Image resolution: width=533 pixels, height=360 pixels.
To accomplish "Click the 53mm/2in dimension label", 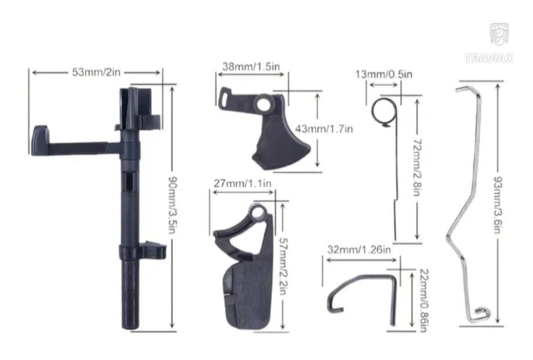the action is [96, 72].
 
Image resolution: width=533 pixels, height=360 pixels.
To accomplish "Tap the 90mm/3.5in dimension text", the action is [173, 205].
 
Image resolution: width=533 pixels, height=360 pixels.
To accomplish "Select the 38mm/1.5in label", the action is [251, 67].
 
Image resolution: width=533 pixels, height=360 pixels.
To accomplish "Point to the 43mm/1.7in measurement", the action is [324, 129].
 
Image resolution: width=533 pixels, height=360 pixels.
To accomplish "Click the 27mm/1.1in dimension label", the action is [242, 184].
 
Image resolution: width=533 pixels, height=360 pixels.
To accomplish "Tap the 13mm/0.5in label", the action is [384, 74].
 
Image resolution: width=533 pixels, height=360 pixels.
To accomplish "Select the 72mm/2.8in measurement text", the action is [417, 168].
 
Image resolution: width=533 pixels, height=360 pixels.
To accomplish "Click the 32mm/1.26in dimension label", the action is [359, 250].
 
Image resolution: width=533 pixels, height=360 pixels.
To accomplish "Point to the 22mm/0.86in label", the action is [424, 300].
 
